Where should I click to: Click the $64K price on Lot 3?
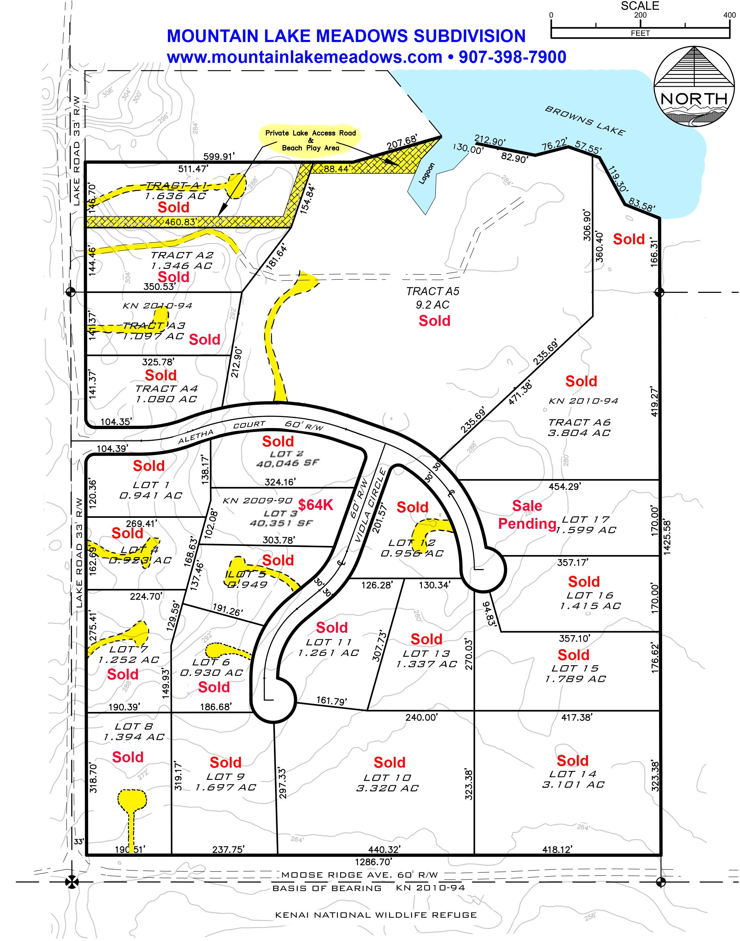point(316,505)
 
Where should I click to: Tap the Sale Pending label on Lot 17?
point(527,515)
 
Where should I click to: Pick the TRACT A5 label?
point(433,292)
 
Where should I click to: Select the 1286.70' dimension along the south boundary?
point(374,862)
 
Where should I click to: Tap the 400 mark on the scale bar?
point(729,15)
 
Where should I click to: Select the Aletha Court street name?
point(222,431)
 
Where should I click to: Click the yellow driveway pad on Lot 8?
point(132,800)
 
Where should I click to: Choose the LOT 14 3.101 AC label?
point(573,779)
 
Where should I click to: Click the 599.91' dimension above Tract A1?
point(219,156)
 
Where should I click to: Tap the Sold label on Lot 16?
point(584,582)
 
